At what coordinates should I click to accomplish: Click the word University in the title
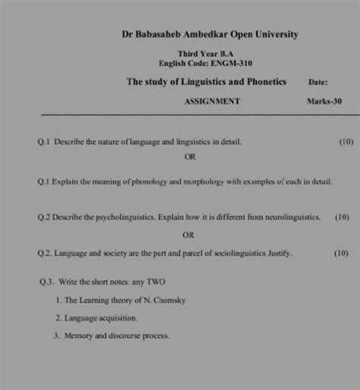tap(272, 34)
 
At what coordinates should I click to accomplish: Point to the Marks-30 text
tap(324, 101)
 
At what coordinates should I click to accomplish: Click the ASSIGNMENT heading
tap(213, 101)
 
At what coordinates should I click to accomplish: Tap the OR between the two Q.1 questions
tap(190, 157)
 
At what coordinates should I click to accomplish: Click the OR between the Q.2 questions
tap(190, 234)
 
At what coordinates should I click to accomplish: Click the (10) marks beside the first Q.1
tap(346, 141)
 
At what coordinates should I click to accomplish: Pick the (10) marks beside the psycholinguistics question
tap(342, 217)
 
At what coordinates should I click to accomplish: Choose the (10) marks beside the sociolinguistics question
tap(342, 253)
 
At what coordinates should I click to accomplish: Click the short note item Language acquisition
tap(101, 318)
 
